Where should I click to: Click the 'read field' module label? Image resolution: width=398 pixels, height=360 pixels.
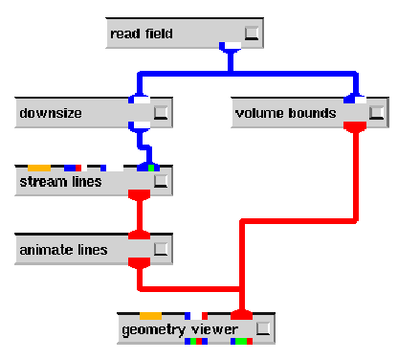point(142,34)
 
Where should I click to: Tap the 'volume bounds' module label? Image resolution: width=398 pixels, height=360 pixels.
point(285,113)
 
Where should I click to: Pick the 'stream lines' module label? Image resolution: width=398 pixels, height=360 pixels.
point(60,181)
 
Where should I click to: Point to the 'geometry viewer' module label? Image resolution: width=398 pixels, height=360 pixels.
point(172,329)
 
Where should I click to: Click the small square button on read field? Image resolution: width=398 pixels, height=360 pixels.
point(252,34)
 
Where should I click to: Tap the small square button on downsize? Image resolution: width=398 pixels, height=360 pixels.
point(161,113)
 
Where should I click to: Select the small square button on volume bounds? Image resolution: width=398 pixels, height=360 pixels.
point(375,113)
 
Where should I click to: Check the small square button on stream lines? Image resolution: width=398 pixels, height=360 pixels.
point(161,181)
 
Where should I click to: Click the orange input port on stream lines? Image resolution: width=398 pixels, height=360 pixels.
point(39,168)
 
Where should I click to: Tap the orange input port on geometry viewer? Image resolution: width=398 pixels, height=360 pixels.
point(150,315)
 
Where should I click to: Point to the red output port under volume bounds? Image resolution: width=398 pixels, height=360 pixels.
point(355,126)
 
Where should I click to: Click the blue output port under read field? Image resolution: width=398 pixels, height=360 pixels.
point(231,47)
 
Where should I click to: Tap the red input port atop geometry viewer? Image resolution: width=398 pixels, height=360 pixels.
point(241,314)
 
